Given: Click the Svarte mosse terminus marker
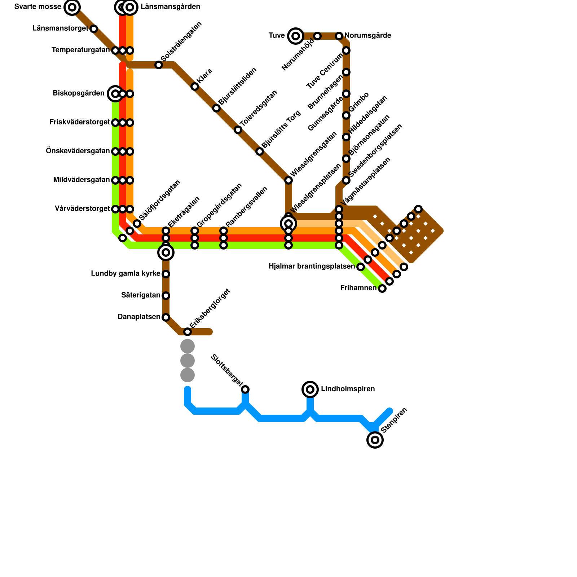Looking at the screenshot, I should [72, 7].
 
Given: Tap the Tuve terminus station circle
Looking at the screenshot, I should [296, 36].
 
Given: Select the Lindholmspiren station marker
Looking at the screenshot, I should [310, 389].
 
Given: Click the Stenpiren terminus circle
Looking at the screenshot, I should [375, 440].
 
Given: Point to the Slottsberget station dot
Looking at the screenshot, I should [245, 389].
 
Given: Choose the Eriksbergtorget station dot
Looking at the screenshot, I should [188, 332].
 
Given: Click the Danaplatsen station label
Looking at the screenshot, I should [139, 317].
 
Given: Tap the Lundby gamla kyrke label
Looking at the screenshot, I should [125, 274].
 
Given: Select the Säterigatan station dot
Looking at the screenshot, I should [166, 296].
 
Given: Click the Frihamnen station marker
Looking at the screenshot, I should [382, 288].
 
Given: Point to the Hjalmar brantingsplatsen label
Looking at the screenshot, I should [312, 267].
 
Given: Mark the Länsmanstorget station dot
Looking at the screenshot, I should [94, 29].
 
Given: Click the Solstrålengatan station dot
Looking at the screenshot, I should [159, 65].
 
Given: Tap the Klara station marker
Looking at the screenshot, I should [195, 87].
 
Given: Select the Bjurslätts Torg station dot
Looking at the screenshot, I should [260, 151].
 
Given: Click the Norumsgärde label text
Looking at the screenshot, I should [368, 36].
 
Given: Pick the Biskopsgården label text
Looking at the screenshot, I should [78, 93].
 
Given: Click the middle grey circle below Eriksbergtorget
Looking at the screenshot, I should [188, 361].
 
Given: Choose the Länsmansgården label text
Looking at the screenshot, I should [170, 7].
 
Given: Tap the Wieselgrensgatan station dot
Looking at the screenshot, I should [288, 180].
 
